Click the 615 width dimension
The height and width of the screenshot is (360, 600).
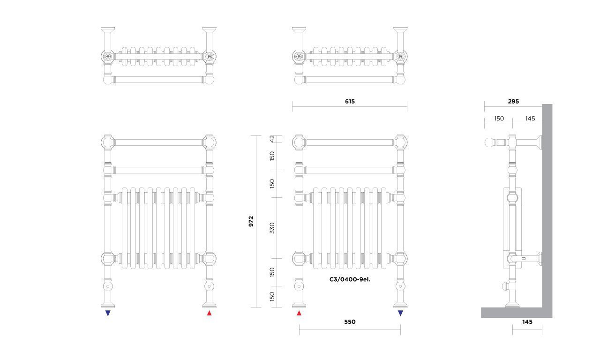pyautogui.click(x=350, y=102)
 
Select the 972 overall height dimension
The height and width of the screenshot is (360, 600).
pyautogui.click(x=251, y=222)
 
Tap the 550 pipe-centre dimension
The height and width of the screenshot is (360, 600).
pyautogui.click(x=350, y=322)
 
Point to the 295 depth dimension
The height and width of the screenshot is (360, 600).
pyautogui.click(x=513, y=102)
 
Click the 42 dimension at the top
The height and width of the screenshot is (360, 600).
pyautogui.click(x=272, y=139)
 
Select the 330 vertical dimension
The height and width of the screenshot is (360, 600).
pyautogui.click(x=272, y=228)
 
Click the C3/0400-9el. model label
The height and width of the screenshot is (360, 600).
pyautogui.click(x=350, y=279)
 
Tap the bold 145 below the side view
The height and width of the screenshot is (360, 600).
pyautogui.click(x=527, y=322)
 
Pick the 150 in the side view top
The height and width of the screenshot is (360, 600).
pyautogui.click(x=499, y=119)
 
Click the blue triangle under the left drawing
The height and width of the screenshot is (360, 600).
pyautogui.click(x=108, y=313)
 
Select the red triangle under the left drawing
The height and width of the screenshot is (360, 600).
pyautogui.click(x=209, y=313)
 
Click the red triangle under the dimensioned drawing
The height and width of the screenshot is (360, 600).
pyautogui.click(x=299, y=313)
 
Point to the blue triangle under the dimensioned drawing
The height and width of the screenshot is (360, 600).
pyautogui.click(x=400, y=313)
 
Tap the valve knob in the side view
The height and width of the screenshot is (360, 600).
pyautogui.click(x=505, y=286)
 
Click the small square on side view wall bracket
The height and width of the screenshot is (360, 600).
pyautogui.click(x=524, y=259)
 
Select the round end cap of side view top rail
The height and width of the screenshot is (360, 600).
pyautogui.click(x=489, y=142)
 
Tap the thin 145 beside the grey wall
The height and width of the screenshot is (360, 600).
pyautogui.click(x=530, y=119)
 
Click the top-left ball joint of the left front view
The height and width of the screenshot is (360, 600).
pyautogui.click(x=108, y=142)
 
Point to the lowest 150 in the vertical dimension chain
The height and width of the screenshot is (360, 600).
pyautogui.click(x=272, y=297)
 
